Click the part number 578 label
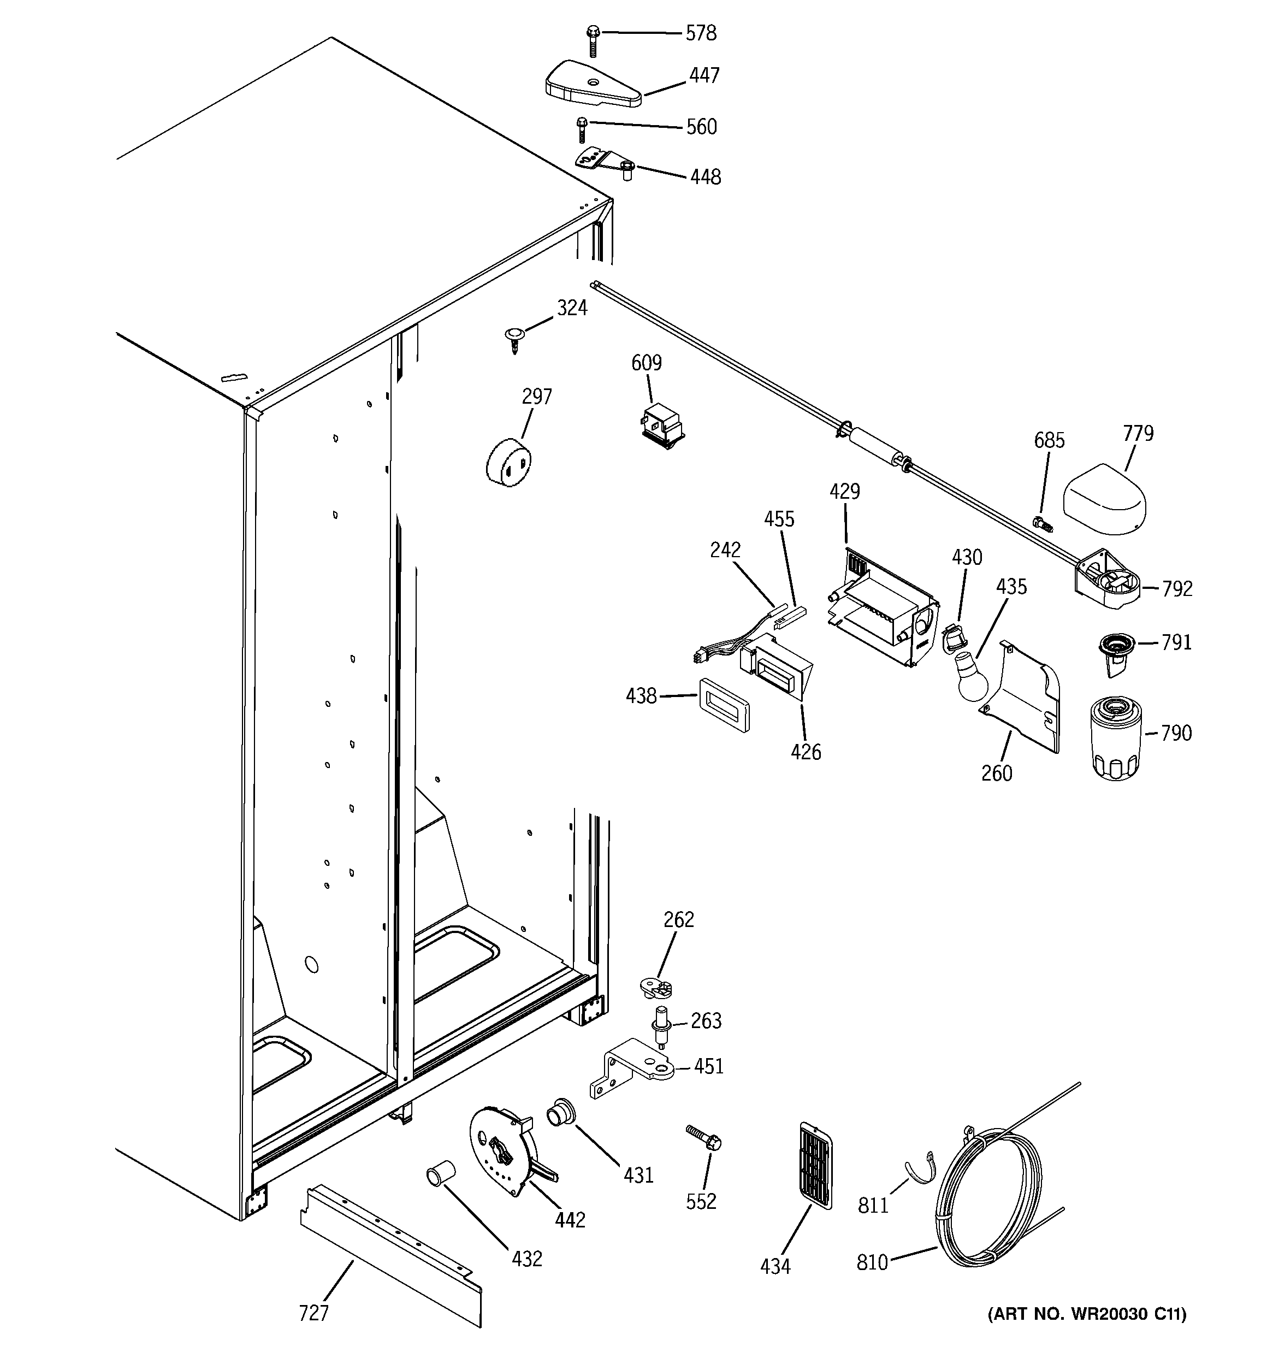701,33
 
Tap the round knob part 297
508,463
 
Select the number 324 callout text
572,308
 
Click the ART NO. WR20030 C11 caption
1087,1332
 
